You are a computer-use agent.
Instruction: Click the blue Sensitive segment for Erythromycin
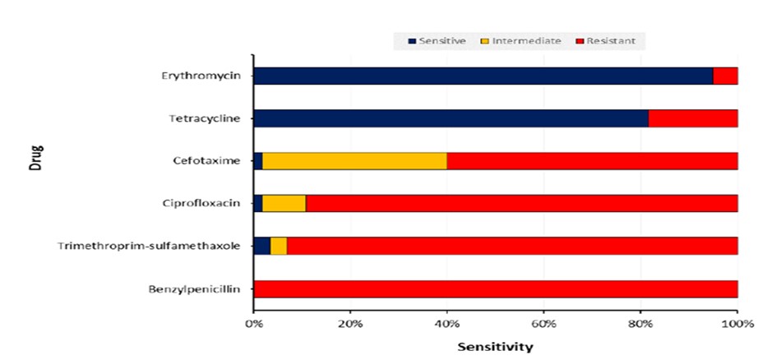tap(483, 76)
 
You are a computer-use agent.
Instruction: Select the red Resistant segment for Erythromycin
tap(726, 76)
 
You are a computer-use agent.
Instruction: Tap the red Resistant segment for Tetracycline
tap(693, 118)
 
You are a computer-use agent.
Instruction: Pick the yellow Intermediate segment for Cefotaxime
tap(354, 161)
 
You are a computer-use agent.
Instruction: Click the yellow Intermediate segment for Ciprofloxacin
tap(284, 203)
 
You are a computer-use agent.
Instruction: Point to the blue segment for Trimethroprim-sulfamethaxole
tap(262, 246)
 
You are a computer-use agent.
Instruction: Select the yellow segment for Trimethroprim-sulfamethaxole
tap(279, 246)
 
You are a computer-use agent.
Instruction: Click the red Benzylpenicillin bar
tap(496, 289)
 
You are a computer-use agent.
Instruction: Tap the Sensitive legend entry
tap(437, 41)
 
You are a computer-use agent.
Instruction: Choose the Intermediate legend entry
tap(521, 41)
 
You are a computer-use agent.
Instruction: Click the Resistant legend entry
tap(605, 41)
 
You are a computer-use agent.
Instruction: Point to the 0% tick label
tap(254, 324)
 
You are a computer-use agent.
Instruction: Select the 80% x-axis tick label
tap(640, 324)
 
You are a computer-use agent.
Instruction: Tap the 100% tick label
tap(737, 324)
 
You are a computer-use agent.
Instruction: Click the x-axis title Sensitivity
tap(495, 347)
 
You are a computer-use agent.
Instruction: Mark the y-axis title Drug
tap(36, 157)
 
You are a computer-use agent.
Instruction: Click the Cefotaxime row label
tap(207, 161)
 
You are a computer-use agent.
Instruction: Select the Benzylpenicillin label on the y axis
tap(195, 289)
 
